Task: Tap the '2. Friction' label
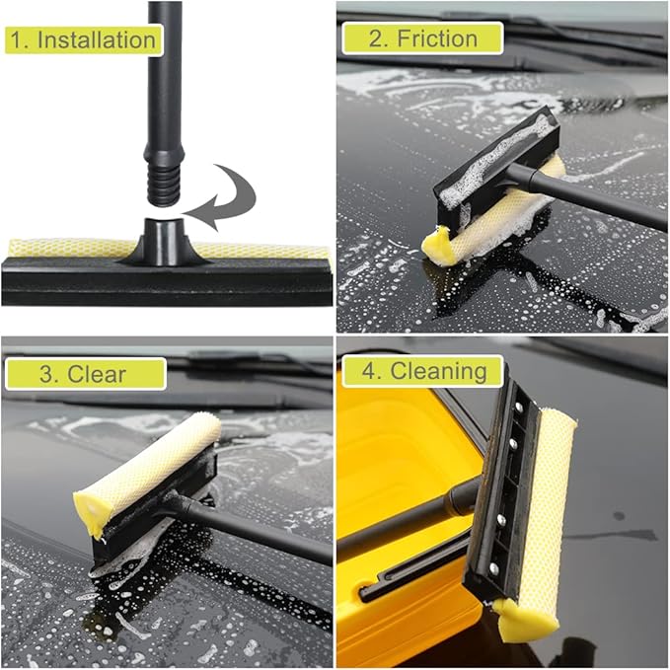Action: (x=422, y=38)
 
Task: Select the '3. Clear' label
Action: (x=84, y=374)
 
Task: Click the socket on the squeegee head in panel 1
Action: (x=164, y=240)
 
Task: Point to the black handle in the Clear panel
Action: (x=257, y=527)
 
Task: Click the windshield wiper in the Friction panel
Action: (x=553, y=30)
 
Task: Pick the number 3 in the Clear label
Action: (x=47, y=374)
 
